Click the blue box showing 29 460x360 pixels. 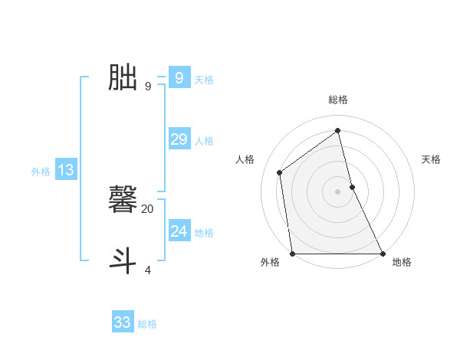(x=179, y=139)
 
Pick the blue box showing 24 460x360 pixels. (x=179, y=231)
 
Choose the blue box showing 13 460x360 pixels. (x=65, y=170)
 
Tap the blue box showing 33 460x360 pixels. (x=123, y=322)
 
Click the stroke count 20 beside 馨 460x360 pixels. (x=148, y=208)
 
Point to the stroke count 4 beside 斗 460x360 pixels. (x=148, y=270)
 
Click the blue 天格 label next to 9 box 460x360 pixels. (x=204, y=80)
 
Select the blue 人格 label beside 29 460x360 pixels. (x=204, y=141)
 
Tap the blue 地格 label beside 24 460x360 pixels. (x=204, y=233)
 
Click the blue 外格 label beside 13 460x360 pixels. (x=41, y=172)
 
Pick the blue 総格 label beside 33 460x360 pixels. (x=147, y=325)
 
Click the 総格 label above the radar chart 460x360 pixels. (x=338, y=100)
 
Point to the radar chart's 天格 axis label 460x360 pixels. (x=431, y=159)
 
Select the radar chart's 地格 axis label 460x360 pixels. (x=402, y=263)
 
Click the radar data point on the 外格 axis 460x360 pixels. (x=292, y=254)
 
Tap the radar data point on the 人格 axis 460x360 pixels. (x=280, y=172)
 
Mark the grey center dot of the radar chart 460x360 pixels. (x=338, y=191)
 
